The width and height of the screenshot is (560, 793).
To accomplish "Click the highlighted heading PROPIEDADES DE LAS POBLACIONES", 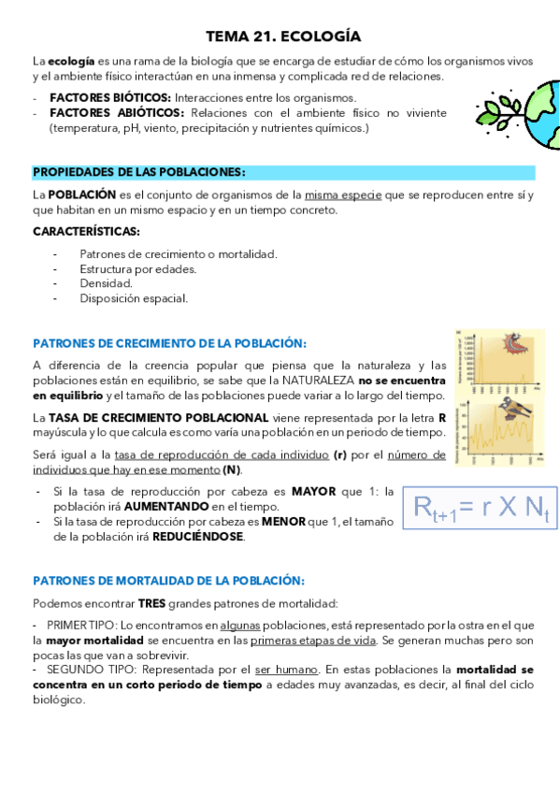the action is coord(139,173).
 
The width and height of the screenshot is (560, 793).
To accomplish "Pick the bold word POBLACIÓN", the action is coord(81,195).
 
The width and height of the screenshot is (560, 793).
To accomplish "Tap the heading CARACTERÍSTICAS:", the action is coord(86,231).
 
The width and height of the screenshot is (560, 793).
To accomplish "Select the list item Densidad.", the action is coord(106,283).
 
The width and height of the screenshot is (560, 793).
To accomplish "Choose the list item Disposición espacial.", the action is coord(134,298).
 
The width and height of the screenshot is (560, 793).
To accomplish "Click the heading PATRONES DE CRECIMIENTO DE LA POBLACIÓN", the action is coord(169,343).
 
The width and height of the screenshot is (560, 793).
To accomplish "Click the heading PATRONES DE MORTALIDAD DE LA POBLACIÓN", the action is coord(168,581).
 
